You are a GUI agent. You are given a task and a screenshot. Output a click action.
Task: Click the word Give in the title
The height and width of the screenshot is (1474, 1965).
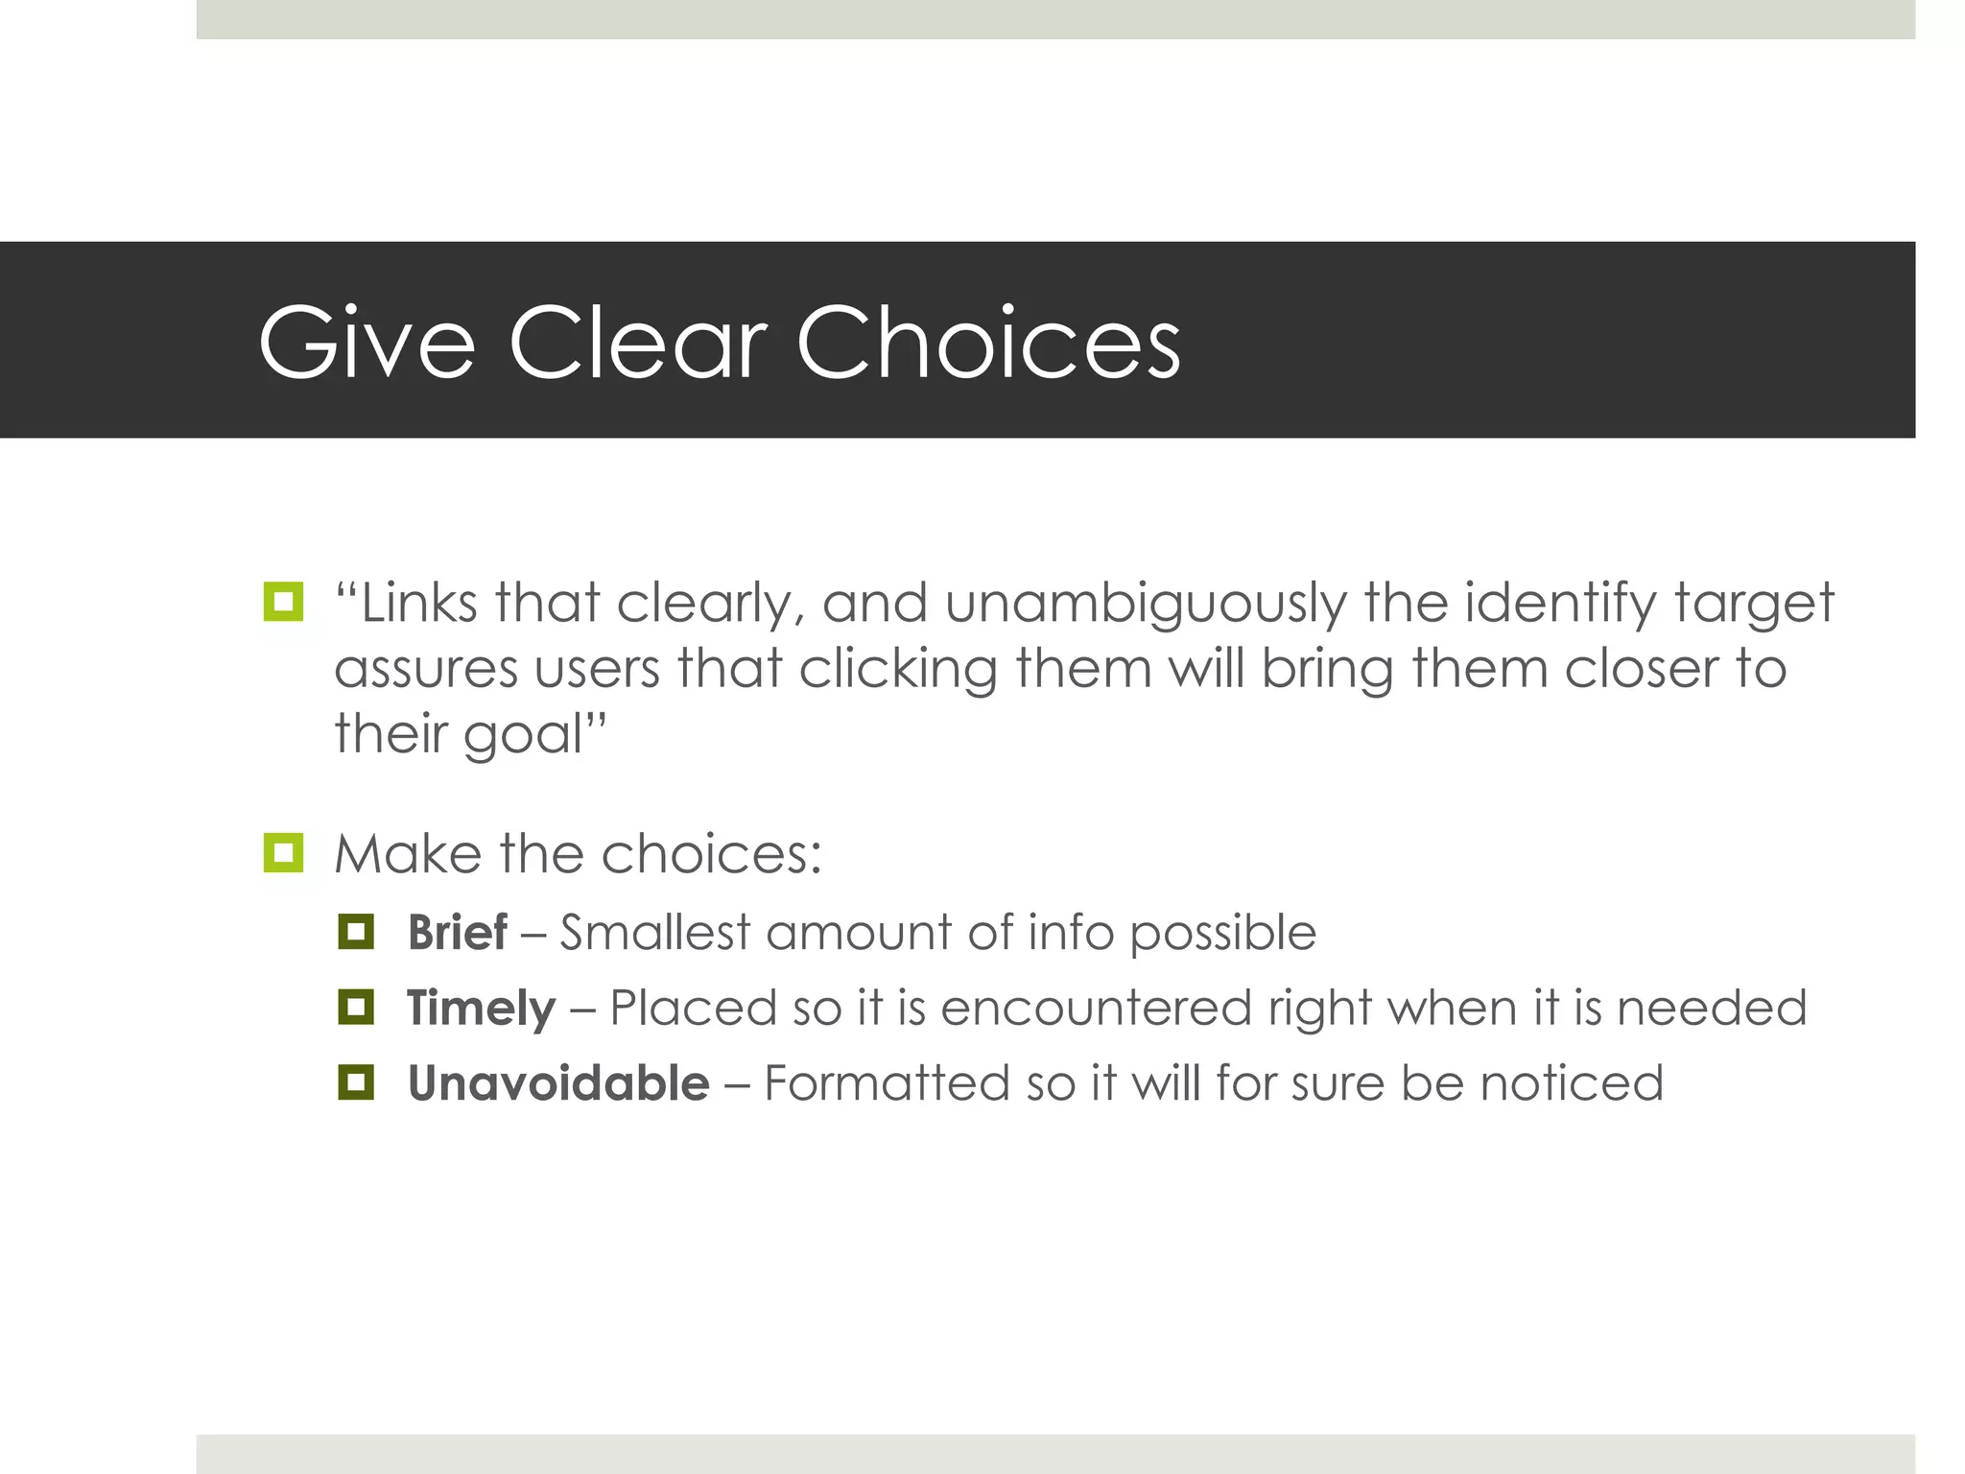367,343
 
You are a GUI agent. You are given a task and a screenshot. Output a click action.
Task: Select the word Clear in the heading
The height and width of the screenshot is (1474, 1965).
638,343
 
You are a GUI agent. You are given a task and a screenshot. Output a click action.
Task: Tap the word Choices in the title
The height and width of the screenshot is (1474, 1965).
988,343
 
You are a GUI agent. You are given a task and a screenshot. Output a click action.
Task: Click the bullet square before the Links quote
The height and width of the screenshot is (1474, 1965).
283,603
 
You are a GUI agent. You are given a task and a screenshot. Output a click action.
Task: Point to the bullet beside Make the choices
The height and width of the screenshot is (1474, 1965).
283,853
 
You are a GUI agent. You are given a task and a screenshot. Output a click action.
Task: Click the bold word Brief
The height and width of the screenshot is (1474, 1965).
457,932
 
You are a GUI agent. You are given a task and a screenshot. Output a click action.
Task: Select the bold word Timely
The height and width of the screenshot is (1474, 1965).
481,1008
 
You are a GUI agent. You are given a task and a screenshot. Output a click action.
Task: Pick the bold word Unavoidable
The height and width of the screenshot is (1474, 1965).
558,1083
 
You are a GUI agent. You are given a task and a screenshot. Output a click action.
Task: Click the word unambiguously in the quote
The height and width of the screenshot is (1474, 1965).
1146,605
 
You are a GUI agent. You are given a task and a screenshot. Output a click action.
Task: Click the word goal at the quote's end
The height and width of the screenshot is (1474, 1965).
524,735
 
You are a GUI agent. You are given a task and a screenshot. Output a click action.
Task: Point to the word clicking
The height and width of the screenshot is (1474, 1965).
897,669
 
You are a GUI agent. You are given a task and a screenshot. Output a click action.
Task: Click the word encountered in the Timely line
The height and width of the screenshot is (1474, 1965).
1096,1008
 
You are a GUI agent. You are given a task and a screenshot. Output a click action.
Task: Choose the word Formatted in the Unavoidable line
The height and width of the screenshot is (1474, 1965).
886,1083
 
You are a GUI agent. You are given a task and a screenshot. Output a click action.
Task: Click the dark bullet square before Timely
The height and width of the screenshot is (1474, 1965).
356,1008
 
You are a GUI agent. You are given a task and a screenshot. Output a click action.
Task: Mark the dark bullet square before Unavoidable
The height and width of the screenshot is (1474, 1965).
356,1083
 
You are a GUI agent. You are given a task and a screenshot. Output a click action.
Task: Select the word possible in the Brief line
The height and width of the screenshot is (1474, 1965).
1221,934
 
